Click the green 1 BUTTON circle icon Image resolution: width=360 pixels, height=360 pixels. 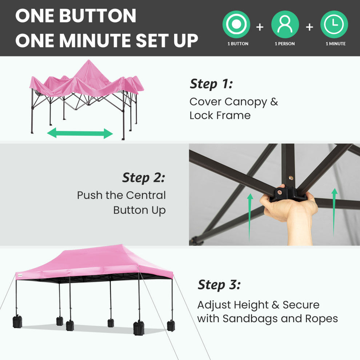click(x=236, y=24)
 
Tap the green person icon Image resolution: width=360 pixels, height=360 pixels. click(x=285, y=24)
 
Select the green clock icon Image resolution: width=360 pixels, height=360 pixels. click(x=334, y=24)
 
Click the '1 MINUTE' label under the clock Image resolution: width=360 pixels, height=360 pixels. click(x=335, y=44)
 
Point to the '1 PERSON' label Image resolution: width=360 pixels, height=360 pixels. click(x=285, y=44)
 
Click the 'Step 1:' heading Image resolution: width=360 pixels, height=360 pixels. click(x=211, y=84)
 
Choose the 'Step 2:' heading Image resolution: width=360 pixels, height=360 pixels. click(x=144, y=178)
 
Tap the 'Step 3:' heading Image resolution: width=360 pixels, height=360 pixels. click(x=219, y=285)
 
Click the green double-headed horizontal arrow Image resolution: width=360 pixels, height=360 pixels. click(x=80, y=133)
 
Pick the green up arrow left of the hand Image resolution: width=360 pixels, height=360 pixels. click(x=250, y=217)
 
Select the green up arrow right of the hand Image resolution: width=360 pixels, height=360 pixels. click(x=335, y=212)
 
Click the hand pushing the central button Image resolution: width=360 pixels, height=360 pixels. click(x=290, y=213)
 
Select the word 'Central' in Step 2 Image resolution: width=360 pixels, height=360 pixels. click(x=146, y=195)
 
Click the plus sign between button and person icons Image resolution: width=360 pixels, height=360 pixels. click(x=260, y=27)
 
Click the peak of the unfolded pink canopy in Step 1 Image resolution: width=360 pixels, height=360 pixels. click(x=89, y=60)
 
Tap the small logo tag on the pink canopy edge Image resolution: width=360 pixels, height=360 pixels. click(x=20, y=275)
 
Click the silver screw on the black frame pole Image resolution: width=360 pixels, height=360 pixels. click(x=291, y=178)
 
